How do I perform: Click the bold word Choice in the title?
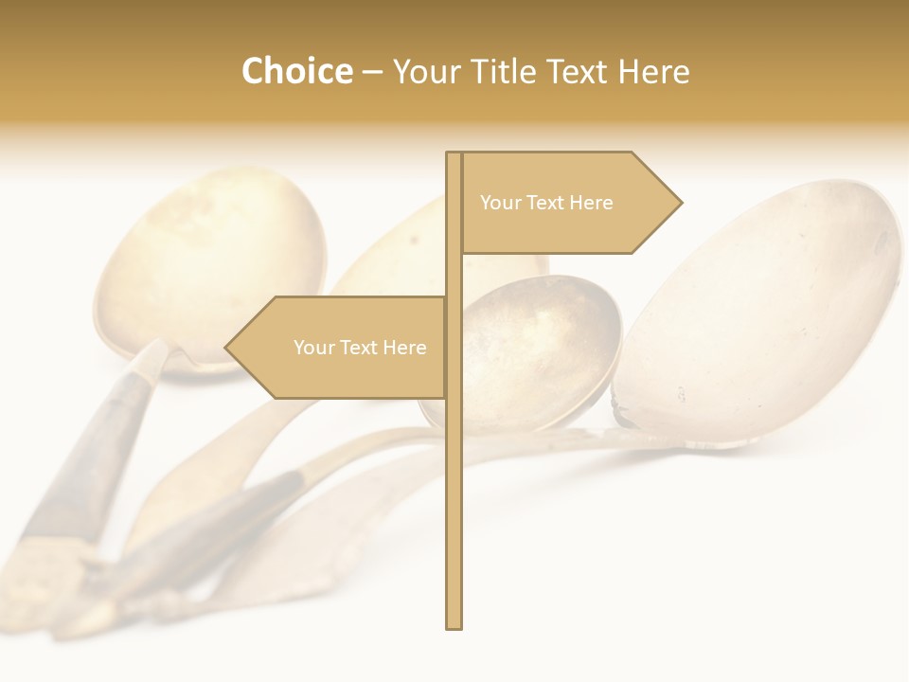tap(296, 72)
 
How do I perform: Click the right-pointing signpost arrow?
tap(568, 203)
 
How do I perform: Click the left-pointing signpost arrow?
tap(341, 348)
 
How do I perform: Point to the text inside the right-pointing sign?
tap(546, 203)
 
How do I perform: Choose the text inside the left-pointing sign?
tap(360, 348)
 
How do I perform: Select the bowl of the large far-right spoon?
tap(767, 303)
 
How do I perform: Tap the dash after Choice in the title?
tap(372, 72)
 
